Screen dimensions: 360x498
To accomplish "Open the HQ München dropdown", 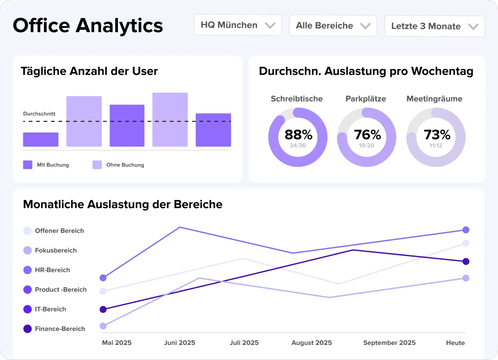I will pyautogui.click(x=238, y=25).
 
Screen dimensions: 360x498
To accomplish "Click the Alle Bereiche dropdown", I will pyautogui.click(x=333, y=26).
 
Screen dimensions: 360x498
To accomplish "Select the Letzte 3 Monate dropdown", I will pyautogui.click(x=434, y=26).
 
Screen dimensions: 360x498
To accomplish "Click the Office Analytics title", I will pyautogui.click(x=88, y=25).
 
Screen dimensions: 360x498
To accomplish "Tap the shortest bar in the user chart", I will pyautogui.click(x=41, y=140).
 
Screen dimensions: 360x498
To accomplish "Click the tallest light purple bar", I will pyautogui.click(x=170, y=119).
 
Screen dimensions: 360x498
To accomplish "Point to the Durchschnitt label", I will pyautogui.click(x=39, y=114).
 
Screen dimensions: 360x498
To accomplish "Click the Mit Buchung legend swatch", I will pyautogui.click(x=28, y=165).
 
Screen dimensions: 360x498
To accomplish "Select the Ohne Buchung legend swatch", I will pyautogui.click(x=97, y=165).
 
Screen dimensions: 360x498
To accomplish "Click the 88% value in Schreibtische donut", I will pyautogui.click(x=298, y=135).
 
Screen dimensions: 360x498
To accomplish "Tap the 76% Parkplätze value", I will pyautogui.click(x=367, y=135).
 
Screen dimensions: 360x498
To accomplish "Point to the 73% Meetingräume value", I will pyautogui.click(x=437, y=135).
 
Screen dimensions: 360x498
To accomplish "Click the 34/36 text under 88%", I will pyautogui.click(x=298, y=146).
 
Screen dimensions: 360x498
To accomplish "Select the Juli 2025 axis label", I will pyautogui.click(x=244, y=343).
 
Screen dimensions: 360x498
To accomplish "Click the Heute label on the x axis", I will pyautogui.click(x=455, y=343).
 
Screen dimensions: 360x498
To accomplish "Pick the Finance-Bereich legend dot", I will pyautogui.click(x=28, y=329).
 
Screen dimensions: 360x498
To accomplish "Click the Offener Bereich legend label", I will pyautogui.click(x=59, y=231).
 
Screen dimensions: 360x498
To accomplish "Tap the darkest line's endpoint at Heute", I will pyautogui.click(x=466, y=261).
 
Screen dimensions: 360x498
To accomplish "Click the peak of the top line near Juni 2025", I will pyautogui.click(x=180, y=227).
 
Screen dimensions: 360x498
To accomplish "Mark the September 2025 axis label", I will pyautogui.click(x=389, y=343).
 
